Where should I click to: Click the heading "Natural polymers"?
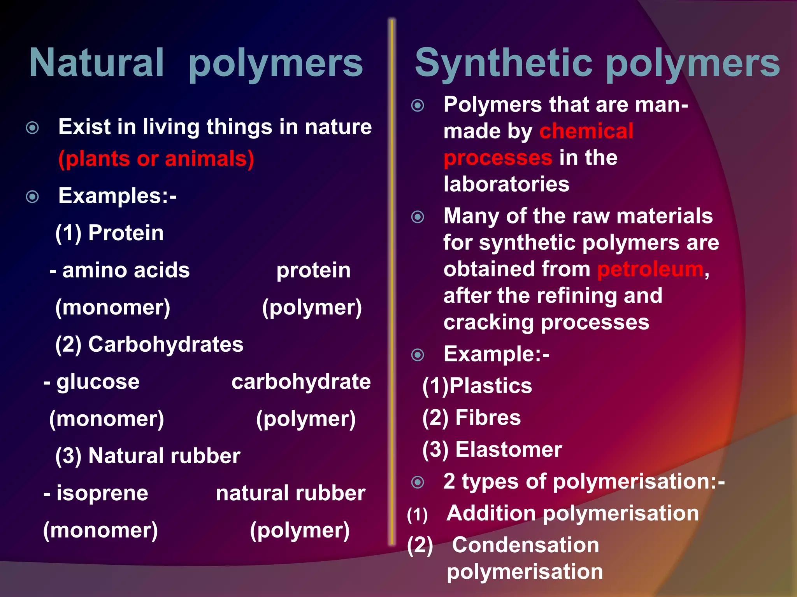click(x=196, y=63)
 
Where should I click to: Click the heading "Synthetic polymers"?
click(x=597, y=63)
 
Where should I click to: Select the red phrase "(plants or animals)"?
click(x=156, y=159)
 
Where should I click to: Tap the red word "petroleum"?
click(x=650, y=269)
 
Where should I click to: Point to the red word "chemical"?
click(x=586, y=131)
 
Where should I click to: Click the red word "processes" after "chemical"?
click(x=498, y=157)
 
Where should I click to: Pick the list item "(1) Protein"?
click(x=109, y=233)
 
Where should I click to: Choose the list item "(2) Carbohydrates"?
click(x=149, y=344)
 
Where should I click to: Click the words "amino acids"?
click(x=126, y=270)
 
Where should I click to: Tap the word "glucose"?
click(x=98, y=381)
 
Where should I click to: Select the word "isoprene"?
click(x=102, y=493)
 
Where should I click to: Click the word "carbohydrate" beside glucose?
click(x=301, y=381)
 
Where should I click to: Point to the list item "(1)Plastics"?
click(x=477, y=386)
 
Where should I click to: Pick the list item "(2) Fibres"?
click(x=471, y=417)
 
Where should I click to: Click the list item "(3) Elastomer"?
click(x=492, y=449)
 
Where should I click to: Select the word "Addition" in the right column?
click(x=491, y=513)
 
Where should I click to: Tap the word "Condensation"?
click(x=525, y=545)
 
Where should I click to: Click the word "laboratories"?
click(x=506, y=184)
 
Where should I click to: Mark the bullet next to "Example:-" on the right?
click(x=418, y=354)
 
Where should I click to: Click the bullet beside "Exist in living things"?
click(x=32, y=127)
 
